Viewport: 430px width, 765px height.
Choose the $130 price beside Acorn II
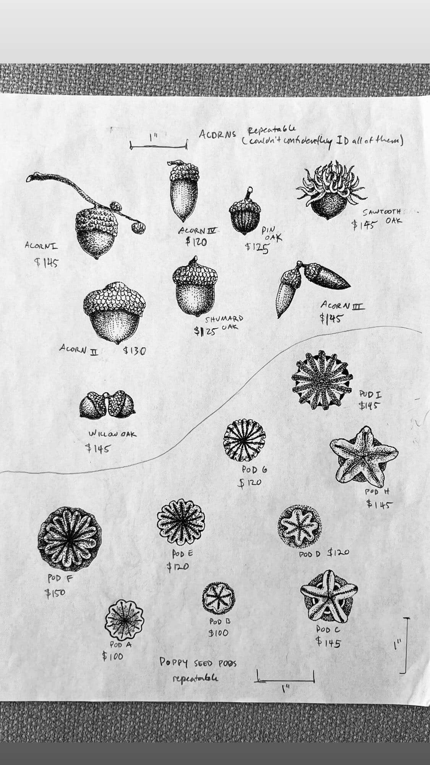pyautogui.click(x=133, y=350)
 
